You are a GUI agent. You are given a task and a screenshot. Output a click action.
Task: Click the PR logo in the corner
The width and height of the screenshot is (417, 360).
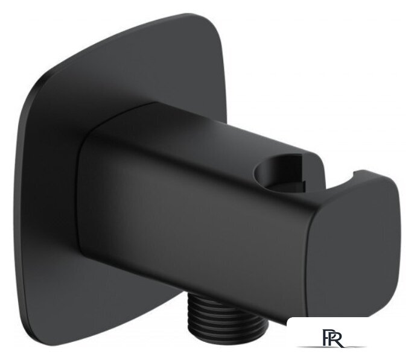332,338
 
